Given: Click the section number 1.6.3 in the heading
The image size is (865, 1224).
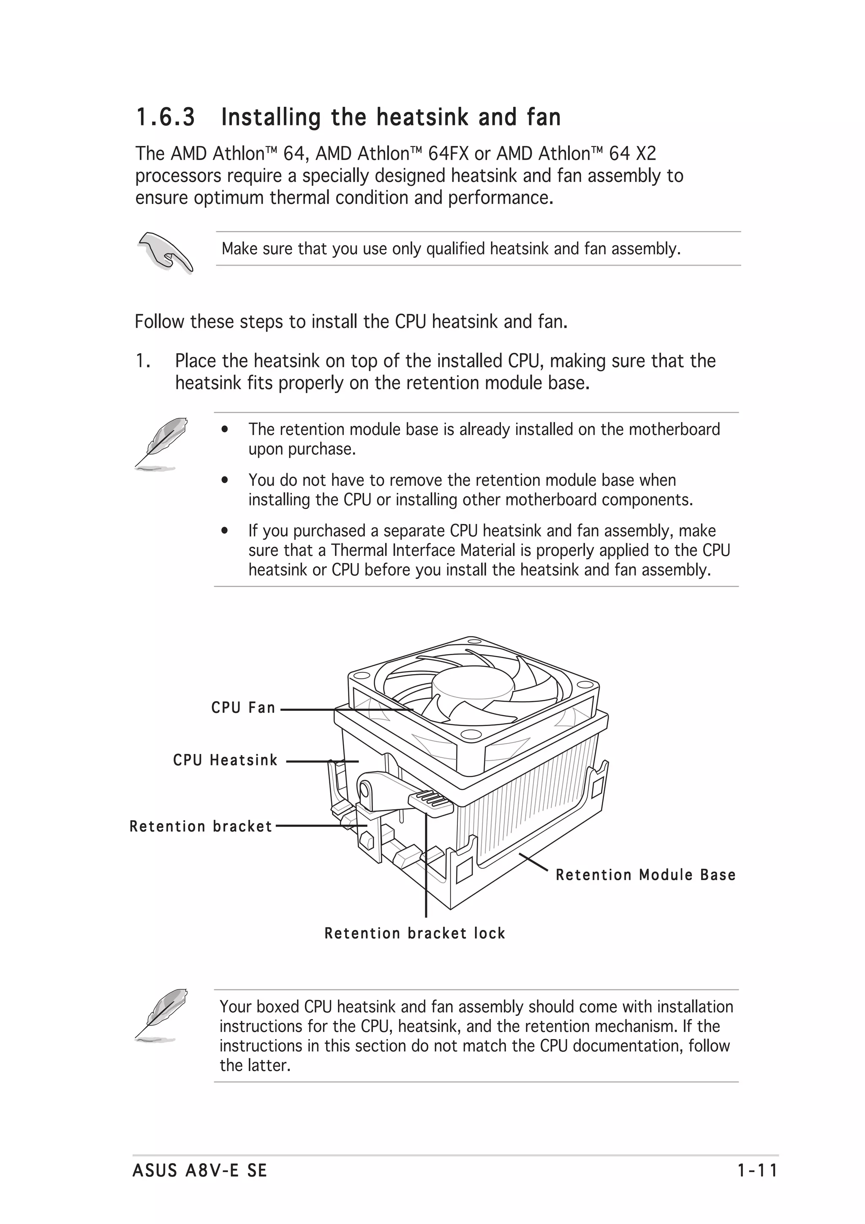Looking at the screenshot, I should [165, 117].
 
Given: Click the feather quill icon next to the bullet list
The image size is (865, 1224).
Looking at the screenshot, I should [160, 443].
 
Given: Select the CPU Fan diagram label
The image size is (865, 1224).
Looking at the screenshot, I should [243, 708].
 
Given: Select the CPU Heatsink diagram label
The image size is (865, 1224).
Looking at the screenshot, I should [226, 760].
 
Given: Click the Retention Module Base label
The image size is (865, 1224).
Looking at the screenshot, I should [645, 875].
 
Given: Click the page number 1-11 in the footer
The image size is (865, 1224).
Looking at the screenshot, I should [757, 1171].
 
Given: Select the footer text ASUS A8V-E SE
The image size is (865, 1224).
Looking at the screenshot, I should [200, 1171].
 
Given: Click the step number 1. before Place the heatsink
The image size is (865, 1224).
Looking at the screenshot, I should [142, 361].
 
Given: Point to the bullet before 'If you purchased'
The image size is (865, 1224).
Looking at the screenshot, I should [226, 531].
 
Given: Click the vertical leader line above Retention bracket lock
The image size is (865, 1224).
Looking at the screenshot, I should [426, 874].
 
